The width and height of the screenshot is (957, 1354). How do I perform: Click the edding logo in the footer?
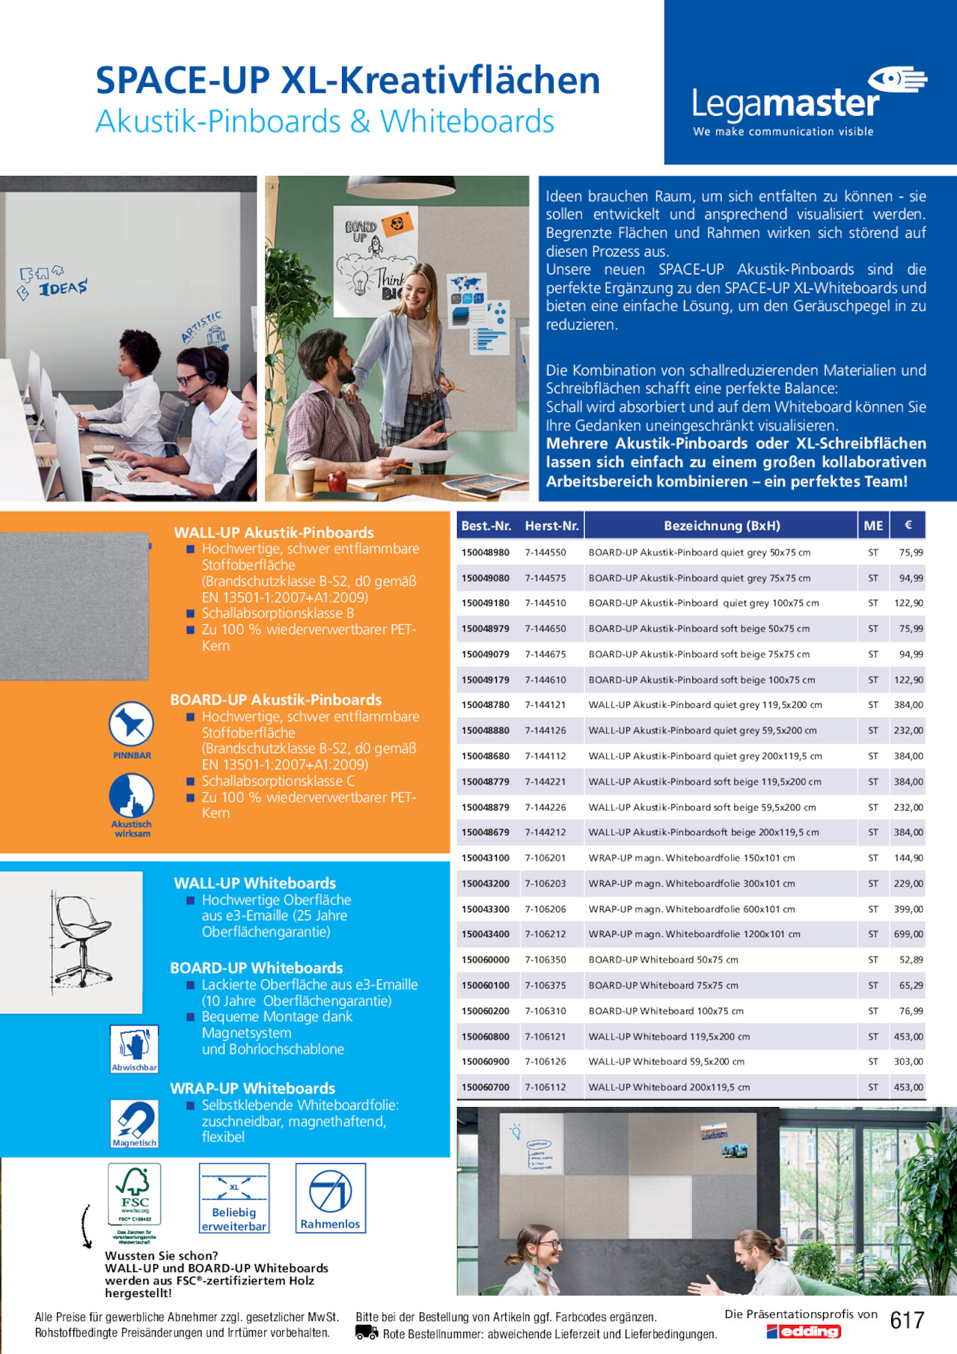tap(804, 1332)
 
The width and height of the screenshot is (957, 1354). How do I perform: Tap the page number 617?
tap(907, 1320)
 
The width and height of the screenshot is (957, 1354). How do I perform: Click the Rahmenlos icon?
tap(330, 1198)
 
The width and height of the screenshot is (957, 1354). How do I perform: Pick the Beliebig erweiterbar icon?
tap(233, 1198)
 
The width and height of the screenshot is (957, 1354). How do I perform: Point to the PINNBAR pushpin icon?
tap(132, 725)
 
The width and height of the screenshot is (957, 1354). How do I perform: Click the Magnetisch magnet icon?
tap(135, 1123)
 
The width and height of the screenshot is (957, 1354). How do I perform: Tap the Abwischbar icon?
tap(135, 1048)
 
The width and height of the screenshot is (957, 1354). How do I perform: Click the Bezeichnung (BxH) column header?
tap(721, 525)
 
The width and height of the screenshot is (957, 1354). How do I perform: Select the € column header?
tap(908, 525)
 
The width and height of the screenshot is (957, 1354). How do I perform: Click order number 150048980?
tap(485, 552)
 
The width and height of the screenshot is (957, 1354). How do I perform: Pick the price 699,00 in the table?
tap(908, 934)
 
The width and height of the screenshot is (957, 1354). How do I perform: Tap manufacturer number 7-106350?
tap(545, 960)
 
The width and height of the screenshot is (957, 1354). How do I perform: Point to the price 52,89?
tap(911, 960)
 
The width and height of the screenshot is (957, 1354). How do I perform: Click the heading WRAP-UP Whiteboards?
tap(253, 1088)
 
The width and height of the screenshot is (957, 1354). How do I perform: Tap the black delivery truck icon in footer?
tap(366, 1332)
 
